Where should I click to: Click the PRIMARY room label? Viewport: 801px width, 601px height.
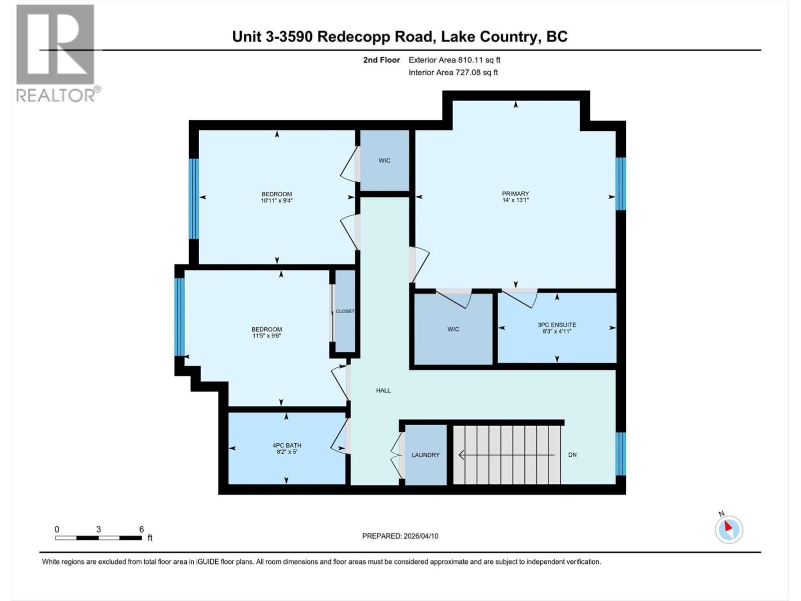coord(515,194)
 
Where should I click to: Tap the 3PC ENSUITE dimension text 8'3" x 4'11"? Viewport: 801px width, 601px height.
coord(557,331)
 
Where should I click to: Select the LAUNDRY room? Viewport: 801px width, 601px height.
coord(426,455)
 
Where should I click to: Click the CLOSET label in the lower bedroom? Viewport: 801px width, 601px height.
coord(344,311)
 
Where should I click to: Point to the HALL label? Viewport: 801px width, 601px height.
coord(383,390)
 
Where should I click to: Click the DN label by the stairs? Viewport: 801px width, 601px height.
coord(572,455)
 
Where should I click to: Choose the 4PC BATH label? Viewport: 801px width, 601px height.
coord(286,445)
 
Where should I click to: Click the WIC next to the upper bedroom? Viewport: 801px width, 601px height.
coord(384,160)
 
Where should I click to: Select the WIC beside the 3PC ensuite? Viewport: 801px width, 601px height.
coord(453,329)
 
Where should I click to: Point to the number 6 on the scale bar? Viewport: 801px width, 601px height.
coord(142,529)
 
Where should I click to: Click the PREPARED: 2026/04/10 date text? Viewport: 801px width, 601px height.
coord(400,536)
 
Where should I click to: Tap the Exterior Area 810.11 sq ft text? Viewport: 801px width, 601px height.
coord(454,60)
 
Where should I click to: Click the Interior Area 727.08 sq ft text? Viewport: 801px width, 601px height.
coord(453,72)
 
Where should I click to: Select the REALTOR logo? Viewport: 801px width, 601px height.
coord(56,53)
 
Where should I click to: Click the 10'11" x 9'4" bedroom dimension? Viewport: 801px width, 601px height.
coord(276,200)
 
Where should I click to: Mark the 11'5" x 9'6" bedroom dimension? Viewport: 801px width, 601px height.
coord(266,336)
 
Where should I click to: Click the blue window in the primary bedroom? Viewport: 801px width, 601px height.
coord(621,183)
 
